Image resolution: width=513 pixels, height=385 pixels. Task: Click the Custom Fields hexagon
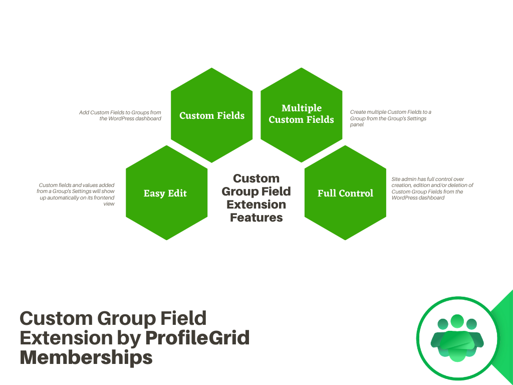211,115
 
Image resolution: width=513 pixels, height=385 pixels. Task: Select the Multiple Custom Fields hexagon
301,114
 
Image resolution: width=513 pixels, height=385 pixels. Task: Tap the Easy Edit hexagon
166,193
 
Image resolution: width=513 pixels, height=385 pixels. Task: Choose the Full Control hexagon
345,193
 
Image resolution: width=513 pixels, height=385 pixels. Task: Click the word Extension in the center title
256,205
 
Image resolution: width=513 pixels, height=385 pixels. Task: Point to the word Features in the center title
256,218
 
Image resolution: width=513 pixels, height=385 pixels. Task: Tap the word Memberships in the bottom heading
86,357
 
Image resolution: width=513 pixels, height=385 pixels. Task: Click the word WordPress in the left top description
122,119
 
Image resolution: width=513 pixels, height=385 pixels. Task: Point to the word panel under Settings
357,124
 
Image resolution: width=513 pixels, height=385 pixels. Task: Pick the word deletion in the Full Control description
451,185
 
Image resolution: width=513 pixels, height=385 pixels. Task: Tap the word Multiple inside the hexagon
302,108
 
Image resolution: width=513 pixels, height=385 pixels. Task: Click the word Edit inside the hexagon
177,193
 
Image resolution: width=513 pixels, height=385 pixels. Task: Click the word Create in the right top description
358,112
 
